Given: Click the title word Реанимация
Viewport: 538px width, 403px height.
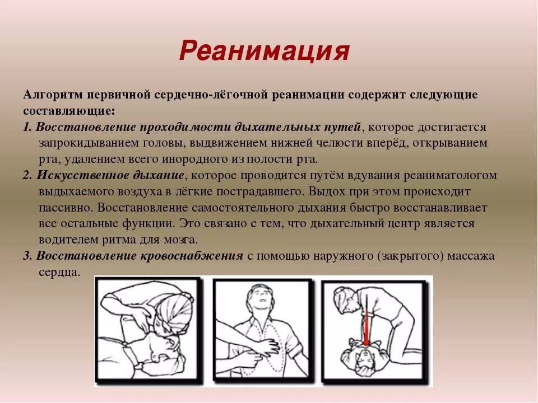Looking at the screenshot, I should point(264,51).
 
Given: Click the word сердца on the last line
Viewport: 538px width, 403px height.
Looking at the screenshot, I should point(59,272).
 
